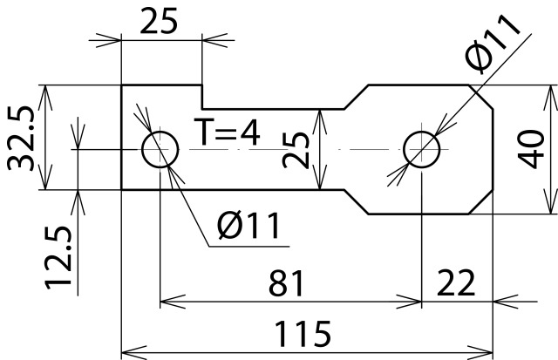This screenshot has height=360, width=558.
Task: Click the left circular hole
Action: click(x=160, y=150)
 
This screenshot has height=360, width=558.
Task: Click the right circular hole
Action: click(x=423, y=149)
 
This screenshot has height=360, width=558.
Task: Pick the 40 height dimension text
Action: click(x=530, y=149)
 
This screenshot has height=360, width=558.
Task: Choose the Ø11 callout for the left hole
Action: click(x=248, y=228)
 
